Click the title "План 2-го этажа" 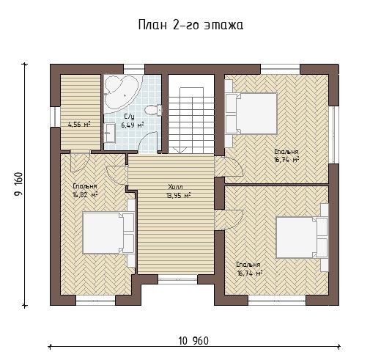click(190, 25)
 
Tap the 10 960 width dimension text click(193, 341)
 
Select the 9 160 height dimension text click(18, 185)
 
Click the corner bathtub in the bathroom click(121, 94)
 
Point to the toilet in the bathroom click(153, 110)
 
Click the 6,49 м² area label click(132, 125)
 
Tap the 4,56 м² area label click(79, 125)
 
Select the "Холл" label click(175, 187)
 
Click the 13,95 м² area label click(178, 196)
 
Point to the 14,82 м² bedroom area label click(85, 195)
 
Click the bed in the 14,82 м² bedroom click(108, 233)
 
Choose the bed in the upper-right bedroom click(251, 114)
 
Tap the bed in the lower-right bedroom click(302, 238)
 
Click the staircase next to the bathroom click(191, 114)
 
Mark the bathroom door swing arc click(147, 142)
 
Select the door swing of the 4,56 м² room click(80, 162)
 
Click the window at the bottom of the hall click(177, 279)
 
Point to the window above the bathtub click(134, 69)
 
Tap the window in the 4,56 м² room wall click(55, 117)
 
